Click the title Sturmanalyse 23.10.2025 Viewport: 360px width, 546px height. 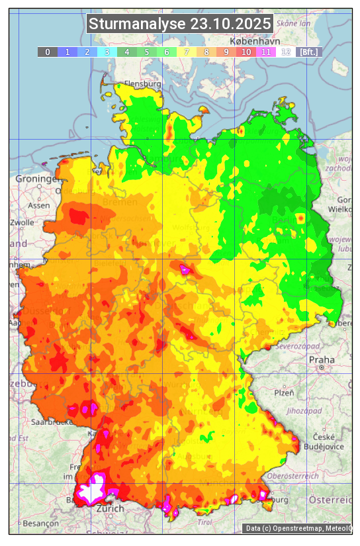[x=179, y=24]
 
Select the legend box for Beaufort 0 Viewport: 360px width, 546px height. [x=47, y=52]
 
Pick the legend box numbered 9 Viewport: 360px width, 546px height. [x=226, y=52]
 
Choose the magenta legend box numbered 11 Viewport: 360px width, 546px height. [x=266, y=52]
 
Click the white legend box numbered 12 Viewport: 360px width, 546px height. [x=286, y=52]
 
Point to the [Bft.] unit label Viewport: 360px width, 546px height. [x=308, y=52]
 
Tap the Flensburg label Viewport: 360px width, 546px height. [x=142, y=85]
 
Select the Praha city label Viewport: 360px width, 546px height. [x=322, y=360]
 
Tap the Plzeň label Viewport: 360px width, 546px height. [x=284, y=392]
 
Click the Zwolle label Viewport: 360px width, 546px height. [x=22, y=222]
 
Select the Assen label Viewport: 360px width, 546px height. [x=39, y=205]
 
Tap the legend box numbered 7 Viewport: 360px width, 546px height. [x=187, y=52]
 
